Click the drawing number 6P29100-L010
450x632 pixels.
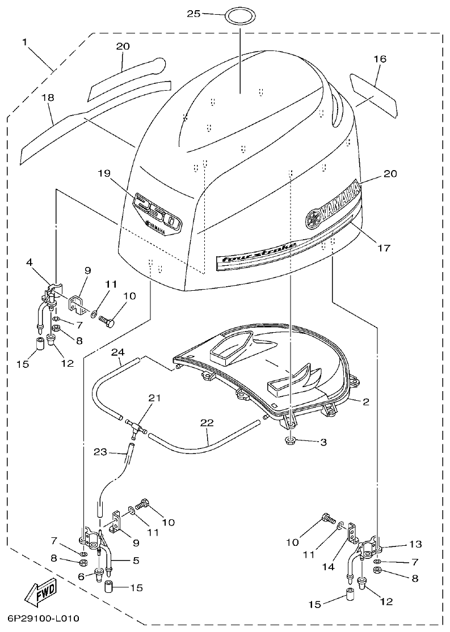43,619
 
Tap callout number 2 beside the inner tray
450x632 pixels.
366,402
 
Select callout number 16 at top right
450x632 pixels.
380,58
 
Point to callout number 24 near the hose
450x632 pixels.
117,352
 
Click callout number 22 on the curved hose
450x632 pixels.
207,422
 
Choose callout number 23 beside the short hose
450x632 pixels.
100,452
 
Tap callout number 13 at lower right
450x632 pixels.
415,544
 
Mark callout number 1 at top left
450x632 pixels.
26,42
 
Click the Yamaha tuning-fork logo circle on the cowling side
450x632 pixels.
313,219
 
